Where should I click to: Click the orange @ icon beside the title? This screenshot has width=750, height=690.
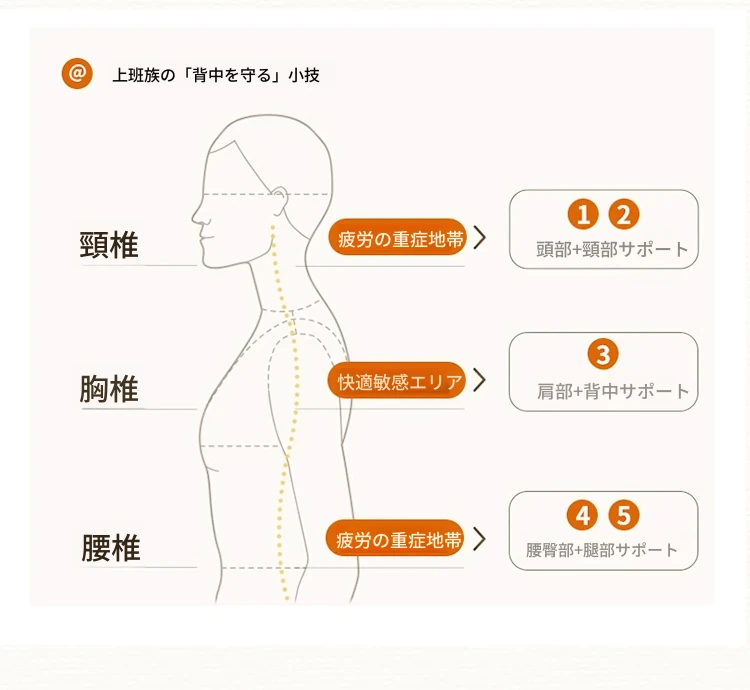point(77,74)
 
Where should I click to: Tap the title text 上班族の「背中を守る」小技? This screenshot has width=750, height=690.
point(216,76)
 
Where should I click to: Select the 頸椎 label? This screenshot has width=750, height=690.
point(109,245)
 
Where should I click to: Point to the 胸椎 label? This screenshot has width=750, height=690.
point(109,389)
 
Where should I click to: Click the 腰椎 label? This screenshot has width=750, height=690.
point(111,548)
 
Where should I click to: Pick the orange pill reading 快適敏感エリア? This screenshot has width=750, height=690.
point(397,381)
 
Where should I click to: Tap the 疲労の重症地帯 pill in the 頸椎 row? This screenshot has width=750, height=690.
point(397,237)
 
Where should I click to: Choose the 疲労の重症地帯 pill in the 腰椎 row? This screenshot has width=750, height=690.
point(395,538)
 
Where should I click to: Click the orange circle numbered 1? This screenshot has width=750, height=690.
point(583,214)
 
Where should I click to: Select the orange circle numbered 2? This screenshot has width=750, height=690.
point(624,214)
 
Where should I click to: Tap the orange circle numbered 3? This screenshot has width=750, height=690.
point(603,354)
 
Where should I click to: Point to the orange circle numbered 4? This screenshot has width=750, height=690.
point(582,515)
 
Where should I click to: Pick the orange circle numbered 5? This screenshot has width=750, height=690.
point(624,515)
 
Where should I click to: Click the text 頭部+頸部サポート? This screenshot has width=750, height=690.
point(612,249)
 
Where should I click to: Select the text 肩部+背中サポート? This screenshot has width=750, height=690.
point(613,391)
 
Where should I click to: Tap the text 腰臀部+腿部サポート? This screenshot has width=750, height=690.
point(602,550)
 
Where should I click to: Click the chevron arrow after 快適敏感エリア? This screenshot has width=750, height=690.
point(480,380)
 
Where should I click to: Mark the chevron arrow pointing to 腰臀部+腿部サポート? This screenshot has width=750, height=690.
point(480,539)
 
